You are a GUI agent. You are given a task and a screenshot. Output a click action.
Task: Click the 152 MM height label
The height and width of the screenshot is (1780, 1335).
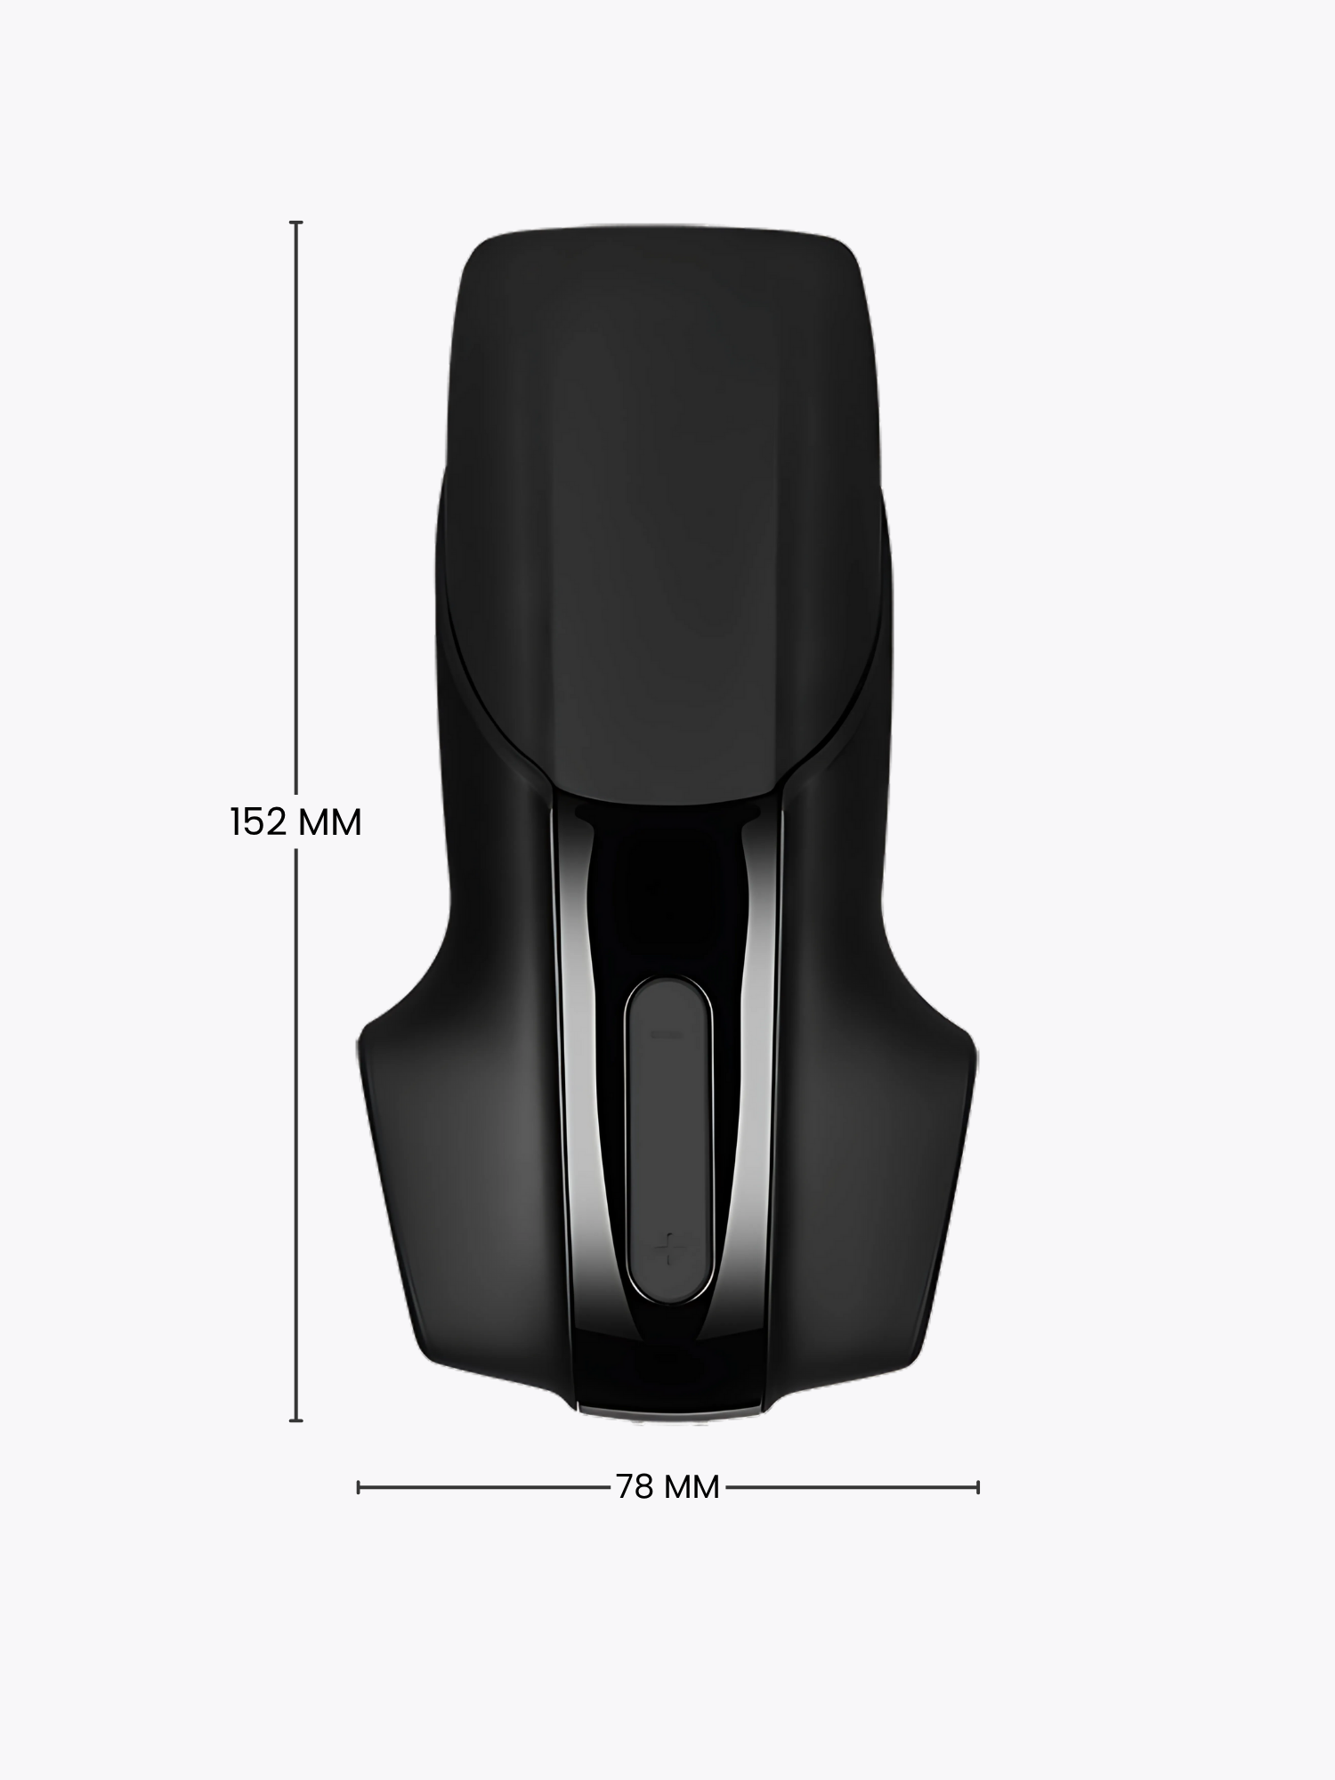click(295, 822)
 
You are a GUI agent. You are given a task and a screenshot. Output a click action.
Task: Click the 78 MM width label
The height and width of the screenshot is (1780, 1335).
click(667, 1486)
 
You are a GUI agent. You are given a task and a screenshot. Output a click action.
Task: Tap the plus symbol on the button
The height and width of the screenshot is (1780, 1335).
click(667, 1250)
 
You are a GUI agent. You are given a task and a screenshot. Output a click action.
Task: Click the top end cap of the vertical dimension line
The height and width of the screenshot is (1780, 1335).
click(296, 222)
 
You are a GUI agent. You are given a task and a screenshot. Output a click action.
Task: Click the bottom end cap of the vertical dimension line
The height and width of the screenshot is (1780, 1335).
click(296, 1420)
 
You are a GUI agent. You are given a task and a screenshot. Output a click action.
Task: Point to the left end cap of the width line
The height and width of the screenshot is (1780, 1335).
click(358, 1486)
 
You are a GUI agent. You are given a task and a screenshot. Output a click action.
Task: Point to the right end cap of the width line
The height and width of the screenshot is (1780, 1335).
click(978, 1486)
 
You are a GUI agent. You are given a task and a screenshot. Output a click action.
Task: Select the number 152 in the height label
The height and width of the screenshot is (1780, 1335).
click(258, 822)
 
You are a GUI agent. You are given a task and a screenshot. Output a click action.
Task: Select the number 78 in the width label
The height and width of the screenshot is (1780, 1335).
click(635, 1486)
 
